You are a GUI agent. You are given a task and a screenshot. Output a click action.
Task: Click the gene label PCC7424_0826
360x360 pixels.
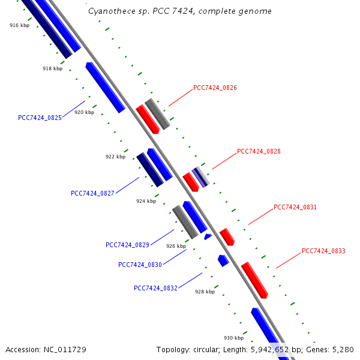[x=215, y=88]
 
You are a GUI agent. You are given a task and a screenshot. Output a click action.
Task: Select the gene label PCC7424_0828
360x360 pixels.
[x=259, y=151]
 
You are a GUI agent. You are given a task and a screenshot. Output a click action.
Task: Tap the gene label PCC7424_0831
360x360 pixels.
[x=295, y=207]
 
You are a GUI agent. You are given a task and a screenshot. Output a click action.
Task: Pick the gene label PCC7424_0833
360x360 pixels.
[x=323, y=251]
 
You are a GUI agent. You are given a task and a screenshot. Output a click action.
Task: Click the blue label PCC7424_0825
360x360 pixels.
[x=40, y=118]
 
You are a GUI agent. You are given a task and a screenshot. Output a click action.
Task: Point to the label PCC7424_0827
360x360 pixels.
[x=92, y=193]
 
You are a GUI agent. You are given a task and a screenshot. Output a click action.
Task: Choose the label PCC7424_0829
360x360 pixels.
[x=127, y=245]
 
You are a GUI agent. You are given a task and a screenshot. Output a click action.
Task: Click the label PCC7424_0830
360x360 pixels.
[x=140, y=265]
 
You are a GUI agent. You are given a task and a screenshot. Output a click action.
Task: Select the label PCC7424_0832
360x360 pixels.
[x=155, y=288]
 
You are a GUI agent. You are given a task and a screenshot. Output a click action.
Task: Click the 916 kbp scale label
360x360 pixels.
[x=19, y=25]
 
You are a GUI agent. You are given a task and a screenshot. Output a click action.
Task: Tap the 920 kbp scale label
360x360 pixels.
[x=84, y=112]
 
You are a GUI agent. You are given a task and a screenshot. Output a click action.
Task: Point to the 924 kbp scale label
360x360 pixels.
[x=146, y=201]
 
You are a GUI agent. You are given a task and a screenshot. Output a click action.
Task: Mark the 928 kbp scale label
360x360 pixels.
[x=205, y=292]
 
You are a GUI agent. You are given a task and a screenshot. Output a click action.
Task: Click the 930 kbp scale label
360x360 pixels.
[x=234, y=338]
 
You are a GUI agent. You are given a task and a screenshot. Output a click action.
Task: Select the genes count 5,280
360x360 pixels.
[x=343, y=349]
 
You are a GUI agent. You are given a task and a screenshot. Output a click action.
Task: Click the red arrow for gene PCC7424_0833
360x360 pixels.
[x=254, y=280]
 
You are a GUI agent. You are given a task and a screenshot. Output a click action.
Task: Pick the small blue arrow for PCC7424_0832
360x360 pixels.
[x=223, y=260]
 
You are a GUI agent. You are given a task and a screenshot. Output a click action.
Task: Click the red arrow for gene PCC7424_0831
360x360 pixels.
[x=227, y=236]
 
